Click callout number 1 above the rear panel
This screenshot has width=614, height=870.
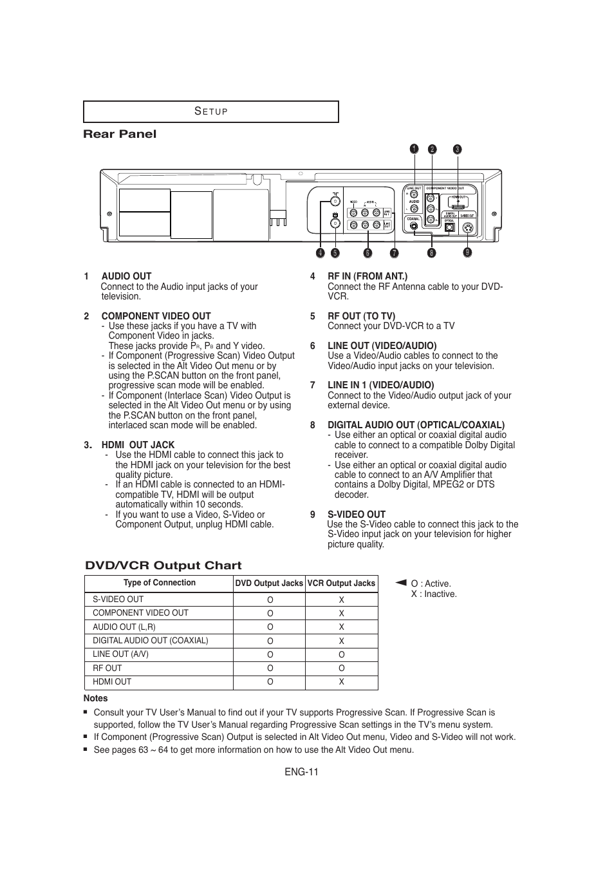(x=414, y=149)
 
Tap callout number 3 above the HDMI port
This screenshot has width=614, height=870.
(x=457, y=149)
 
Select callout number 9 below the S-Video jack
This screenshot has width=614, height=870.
(x=467, y=252)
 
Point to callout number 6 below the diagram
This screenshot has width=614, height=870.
(x=367, y=253)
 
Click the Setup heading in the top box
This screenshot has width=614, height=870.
(x=211, y=111)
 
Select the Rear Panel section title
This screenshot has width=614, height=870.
(x=120, y=134)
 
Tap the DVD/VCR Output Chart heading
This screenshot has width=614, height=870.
(x=163, y=565)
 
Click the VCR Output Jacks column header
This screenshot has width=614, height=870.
(x=341, y=583)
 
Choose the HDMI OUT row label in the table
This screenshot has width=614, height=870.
(x=112, y=682)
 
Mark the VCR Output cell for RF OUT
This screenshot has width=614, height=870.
(x=341, y=668)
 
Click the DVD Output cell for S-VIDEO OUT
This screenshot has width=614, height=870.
(x=270, y=600)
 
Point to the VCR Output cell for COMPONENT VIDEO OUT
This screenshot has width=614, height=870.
(x=341, y=614)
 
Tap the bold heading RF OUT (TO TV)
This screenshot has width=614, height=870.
(x=361, y=316)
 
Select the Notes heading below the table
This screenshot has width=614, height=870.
(x=95, y=698)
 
